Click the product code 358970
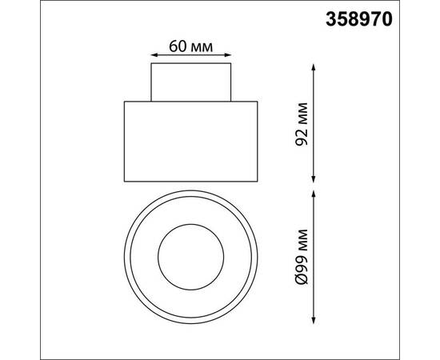[x=359, y=20]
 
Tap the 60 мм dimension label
[x=191, y=46]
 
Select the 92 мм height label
[x=302, y=124]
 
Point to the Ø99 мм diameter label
[x=302, y=257]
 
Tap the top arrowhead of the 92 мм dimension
[x=314, y=67]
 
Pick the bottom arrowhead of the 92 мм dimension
[x=314, y=179]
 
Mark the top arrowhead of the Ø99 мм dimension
[x=314, y=194]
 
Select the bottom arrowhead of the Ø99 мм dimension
[x=314, y=320]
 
